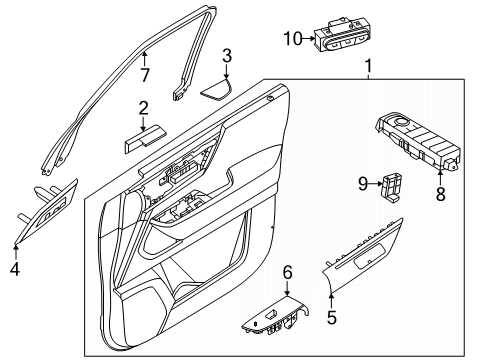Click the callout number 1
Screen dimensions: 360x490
(368, 69)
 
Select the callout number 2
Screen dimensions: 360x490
(144, 108)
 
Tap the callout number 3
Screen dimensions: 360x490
(227, 55)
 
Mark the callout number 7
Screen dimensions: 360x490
(145, 75)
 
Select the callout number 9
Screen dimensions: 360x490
(364, 182)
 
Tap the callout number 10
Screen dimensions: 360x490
(293, 38)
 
